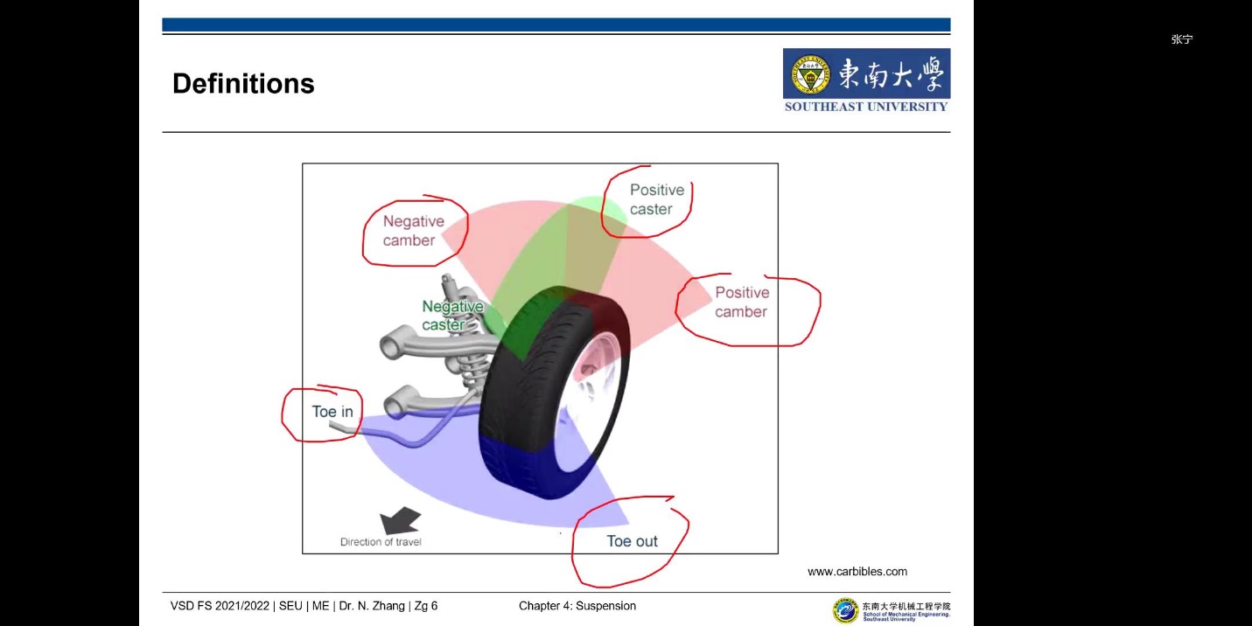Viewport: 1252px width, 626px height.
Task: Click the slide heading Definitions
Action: (x=243, y=84)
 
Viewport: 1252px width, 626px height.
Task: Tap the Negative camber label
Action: (x=413, y=231)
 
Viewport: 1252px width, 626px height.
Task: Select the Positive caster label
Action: (x=656, y=199)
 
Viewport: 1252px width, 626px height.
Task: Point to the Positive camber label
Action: (x=742, y=302)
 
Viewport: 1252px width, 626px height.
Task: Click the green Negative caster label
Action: (x=451, y=316)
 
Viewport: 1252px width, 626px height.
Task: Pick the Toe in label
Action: (x=332, y=412)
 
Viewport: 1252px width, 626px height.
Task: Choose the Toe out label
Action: (x=632, y=541)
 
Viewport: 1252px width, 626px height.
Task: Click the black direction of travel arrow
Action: (x=401, y=522)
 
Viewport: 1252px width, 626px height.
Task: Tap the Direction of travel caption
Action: (x=381, y=542)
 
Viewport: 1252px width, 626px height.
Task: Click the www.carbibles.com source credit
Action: (x=857, y=572)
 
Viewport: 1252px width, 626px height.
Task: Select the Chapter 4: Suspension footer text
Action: (x=577, y=606)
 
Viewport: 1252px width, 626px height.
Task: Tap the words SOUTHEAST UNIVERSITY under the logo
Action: (x=866, y=107)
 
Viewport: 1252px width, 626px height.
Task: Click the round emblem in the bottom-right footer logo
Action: (x=845, y=609)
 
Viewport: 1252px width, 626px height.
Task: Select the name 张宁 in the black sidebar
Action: (x=1182, y=39)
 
